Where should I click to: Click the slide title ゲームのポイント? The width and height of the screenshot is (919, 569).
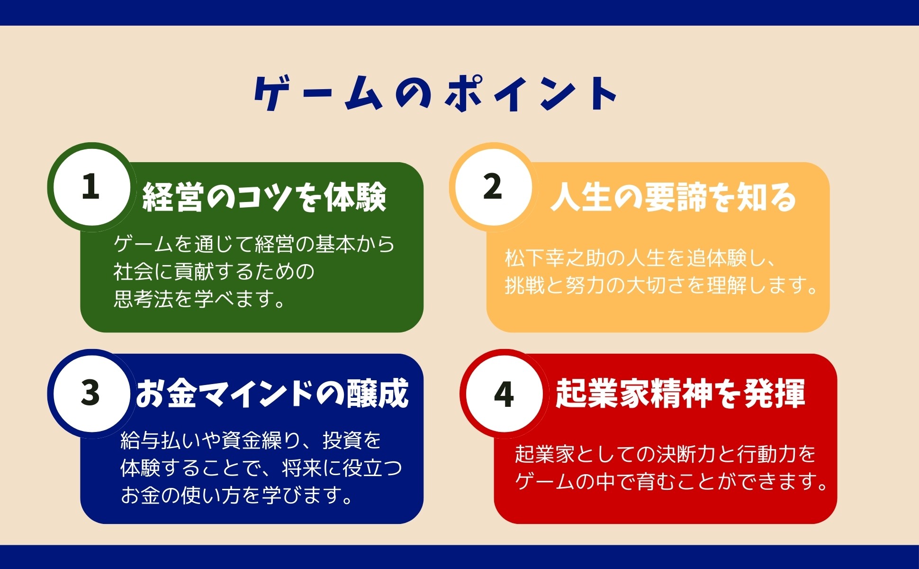pos(436,94)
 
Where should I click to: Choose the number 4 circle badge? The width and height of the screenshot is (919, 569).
pos(504,394)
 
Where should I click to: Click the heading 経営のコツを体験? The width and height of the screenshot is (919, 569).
pos(264,197)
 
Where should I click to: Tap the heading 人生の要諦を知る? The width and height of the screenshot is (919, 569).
pos(673,197)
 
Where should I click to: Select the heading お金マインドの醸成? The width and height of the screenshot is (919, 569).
pos(272,394)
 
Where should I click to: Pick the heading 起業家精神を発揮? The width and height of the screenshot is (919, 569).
pos(680,394)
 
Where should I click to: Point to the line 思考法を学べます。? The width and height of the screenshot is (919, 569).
pos(199,299)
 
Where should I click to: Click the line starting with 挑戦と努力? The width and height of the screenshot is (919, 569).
pos(661,285)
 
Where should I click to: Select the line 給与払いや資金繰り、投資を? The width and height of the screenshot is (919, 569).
pos(251,441)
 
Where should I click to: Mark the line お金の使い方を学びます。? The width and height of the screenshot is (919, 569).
pos(237,495)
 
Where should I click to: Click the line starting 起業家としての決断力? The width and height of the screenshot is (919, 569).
pos(666,454)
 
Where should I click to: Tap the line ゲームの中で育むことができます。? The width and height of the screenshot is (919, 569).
pos(672,481)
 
